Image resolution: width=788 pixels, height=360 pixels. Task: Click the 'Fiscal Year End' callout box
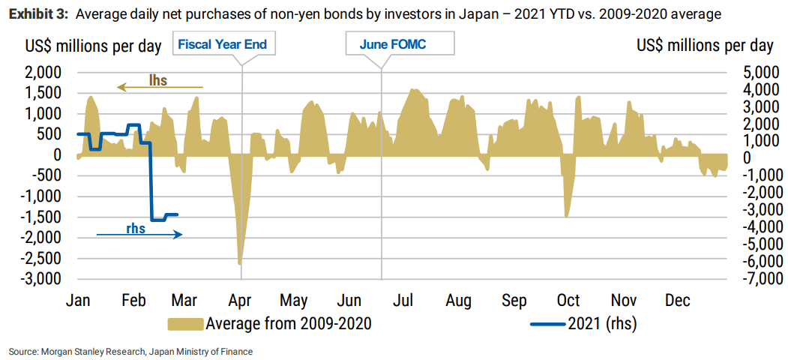[x=223, y=44]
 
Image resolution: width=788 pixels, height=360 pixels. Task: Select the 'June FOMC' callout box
[x=400, y=44]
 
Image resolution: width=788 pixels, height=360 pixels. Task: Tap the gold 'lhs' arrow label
[x=157, y=80]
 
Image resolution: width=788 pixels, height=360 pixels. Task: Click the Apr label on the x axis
[x=241, y=301]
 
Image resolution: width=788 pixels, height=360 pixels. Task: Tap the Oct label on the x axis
[x=568, y=301]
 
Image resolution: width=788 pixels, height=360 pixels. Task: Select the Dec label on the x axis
[x=677, y=301]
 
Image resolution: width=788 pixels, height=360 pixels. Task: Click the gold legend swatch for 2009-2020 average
[x=184, y=324]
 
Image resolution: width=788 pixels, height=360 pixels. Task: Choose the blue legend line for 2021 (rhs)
[x=546, y=324]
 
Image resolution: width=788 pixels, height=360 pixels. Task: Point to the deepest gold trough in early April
[x=240, y=262]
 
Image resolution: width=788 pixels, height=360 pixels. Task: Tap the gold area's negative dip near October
[x=567, y=215]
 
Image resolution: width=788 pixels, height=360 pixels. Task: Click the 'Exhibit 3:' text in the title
[x=38, y=13]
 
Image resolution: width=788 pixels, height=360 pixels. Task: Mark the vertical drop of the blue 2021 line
[x=151, y=180]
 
